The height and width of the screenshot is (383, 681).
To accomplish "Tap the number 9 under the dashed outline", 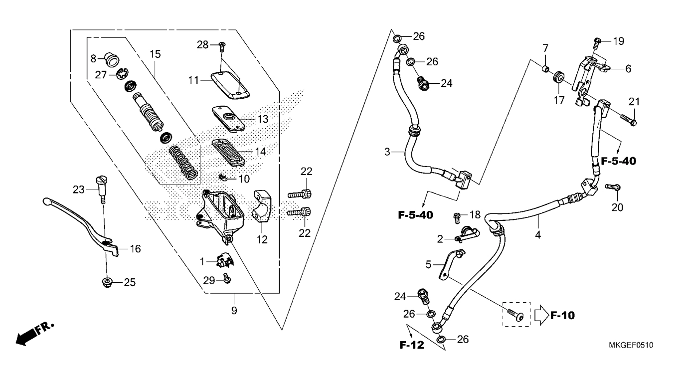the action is (234, 311).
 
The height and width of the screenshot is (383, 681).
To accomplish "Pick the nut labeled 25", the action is (107, 282).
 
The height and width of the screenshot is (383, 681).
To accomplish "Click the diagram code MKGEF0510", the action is (631, 345).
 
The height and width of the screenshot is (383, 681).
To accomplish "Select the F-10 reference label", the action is (562, 315).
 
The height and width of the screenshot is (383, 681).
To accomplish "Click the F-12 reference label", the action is (411, 345).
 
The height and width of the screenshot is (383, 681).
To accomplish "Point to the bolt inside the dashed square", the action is (515, 315).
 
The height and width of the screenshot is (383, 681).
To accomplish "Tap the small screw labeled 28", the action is (221, 46).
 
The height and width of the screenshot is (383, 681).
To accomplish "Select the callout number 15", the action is (155, 54).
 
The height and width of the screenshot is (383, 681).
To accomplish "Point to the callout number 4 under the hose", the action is (538, 235).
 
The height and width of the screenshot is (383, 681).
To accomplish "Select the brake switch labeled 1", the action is (225, 261).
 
